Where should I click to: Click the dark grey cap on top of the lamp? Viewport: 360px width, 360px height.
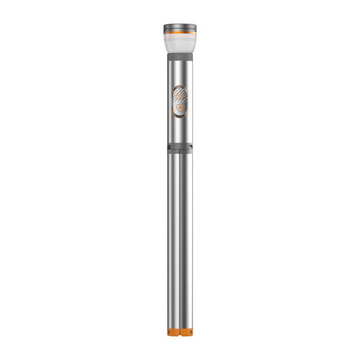[x=180, y=26]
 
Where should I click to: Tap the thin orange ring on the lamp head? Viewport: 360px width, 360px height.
[x=180, y=32]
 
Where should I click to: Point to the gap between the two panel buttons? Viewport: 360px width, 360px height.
[x=180, y=101]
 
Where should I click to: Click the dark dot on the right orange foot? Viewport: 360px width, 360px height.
[x=186, y=332]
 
